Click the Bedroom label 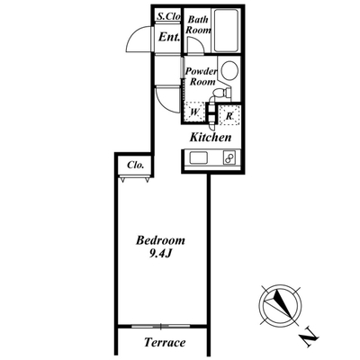pyautogui.click(x=160, y=240)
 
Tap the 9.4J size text pyautogui.click(x=160, y=255)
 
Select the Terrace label pyautogui.click(x=165, y=342)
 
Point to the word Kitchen pyautogui.click(x=211, y=138)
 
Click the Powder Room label pyautogui.click(x=201, y=76)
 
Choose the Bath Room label pyautogui.click(x=198, y=25)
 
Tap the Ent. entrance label pyautogui.click(x=169, y=38)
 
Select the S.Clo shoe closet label pyautogui.click(x=169, y=16)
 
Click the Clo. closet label pyautogui.click(x=136, y=165)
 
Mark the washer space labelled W pyautogui.click(x=194, y=112)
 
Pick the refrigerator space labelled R pyautogui.click(x=229, y=115)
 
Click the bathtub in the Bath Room pyautogui.click(x=226, y=31)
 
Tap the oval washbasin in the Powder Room pyautogui.click(x=229, y=71)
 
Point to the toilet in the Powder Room pyautogui.click(x=221, y=93)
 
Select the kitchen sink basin pyautogui.click(x=198, y=157)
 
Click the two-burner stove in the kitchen pyautogui.click(x=229, y=157)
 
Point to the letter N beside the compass pyautogui.click(x=309, y=338)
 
